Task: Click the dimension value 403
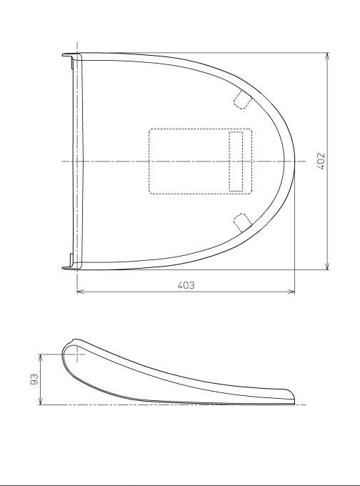186,285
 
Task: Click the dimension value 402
321,162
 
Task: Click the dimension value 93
34,380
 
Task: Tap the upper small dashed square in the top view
242,99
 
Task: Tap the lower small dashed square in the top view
242,222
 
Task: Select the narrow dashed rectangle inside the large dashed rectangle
236,162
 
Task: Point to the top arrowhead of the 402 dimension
327,56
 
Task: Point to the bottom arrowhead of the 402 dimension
327,267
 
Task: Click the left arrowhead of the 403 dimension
80,292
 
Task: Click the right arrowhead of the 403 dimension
291,292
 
